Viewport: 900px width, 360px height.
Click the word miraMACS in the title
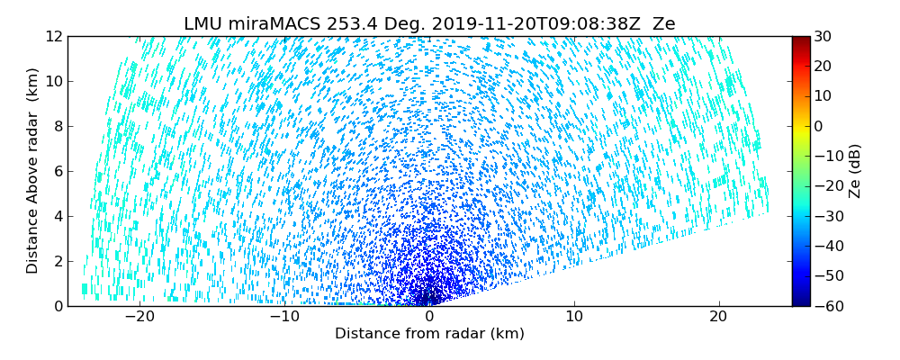pos(268,24)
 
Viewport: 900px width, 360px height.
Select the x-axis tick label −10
pos(284,317)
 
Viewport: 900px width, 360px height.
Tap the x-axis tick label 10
pos(574,317)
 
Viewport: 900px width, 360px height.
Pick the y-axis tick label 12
pos(54,36)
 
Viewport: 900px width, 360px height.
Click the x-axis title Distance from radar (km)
pos(429,334)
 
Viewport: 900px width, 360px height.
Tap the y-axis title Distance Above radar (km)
pos(32,171)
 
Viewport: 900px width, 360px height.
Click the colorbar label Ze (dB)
pos(855,171)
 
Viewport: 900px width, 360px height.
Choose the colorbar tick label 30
pos(823,36)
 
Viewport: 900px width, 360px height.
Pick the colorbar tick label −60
pos(826,306)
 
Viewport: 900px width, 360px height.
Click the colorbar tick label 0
pos(819,126)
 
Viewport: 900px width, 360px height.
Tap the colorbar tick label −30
pos(826,216)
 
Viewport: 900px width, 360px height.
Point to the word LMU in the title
pos(203,24)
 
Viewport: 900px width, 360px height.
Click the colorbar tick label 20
pos(823,66)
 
